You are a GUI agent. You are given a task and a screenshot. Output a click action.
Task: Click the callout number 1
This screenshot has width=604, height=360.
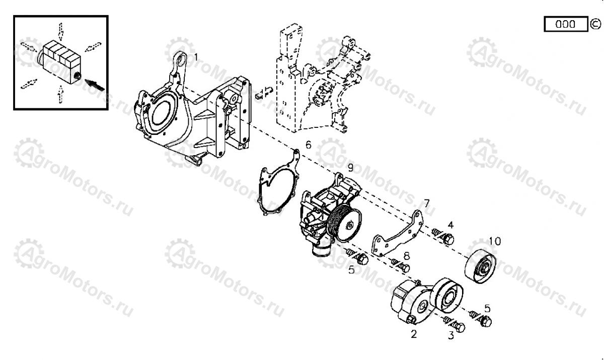(x=196, y=57)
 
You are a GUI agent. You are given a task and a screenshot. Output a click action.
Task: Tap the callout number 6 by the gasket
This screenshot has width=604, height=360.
(x=308, y=145)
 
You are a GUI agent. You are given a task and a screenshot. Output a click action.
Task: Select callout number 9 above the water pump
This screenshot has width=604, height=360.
(x=350, y=168)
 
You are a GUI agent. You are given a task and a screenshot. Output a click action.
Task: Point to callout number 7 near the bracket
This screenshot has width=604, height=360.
(x=426, y=203)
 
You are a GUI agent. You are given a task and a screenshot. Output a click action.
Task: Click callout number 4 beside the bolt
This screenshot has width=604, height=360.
(x=450, y=225)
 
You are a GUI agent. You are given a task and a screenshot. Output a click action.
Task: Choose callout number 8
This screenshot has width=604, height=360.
(x=406, y=256)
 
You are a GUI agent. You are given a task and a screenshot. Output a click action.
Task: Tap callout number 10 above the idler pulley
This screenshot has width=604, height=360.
(x=495, y=241)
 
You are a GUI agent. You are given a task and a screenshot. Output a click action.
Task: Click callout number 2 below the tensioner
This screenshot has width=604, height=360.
(x=414, y=334)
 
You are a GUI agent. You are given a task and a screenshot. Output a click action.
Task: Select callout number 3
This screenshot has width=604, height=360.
(x=451, y=336)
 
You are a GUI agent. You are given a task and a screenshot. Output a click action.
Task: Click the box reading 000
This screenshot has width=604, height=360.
(x=566, y=24)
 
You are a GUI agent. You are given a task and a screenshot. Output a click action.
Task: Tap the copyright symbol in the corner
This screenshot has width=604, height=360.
(x=595, y=24)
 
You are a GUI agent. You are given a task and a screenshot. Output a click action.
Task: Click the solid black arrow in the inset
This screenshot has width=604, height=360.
(x=95, y=85)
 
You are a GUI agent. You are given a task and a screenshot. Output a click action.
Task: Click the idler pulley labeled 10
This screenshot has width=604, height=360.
(x=481, y=266)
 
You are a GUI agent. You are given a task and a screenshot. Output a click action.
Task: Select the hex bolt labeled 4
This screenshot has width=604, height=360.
(x=443, y=236)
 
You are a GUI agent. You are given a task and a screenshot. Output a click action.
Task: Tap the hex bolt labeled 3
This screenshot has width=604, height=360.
(x=455, y=324)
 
